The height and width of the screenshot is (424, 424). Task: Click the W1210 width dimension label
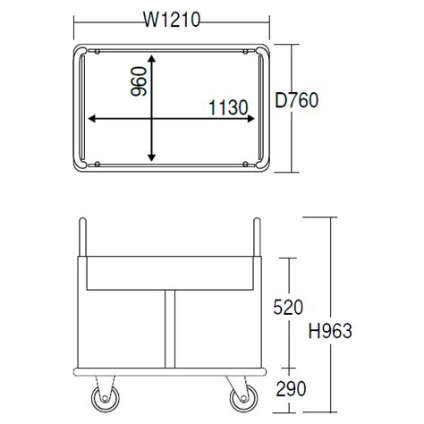(172, 20)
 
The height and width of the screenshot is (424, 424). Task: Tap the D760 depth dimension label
(297, 100)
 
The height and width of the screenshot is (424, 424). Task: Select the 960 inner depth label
(139, 81)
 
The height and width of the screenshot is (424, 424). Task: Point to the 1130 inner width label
(228, 107)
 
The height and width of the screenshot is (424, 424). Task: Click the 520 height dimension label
(288, 307)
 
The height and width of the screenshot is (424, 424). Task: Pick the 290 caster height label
(291, 388)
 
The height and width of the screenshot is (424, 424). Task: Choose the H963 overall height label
(330, 331)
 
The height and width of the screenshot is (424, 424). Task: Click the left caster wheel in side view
(105, 398)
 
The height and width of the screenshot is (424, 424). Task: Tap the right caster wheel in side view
(244, 398)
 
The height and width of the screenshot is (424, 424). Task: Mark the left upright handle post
(82, 237)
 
